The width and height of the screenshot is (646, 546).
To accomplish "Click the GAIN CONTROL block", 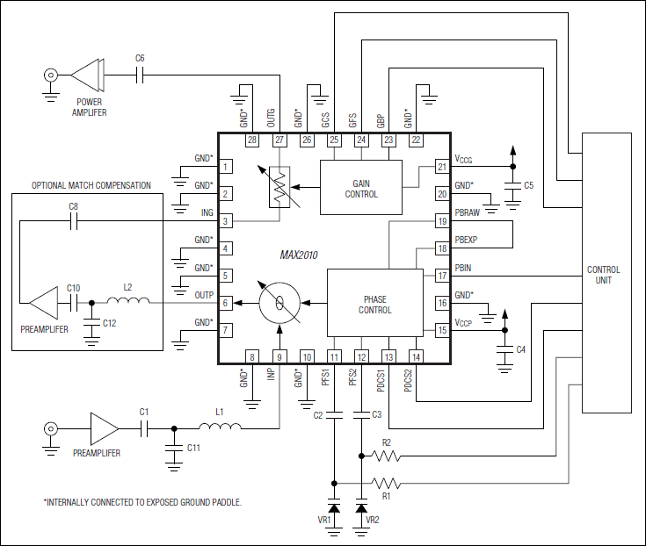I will (x=360, y=188).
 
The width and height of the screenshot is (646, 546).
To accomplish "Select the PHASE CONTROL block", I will (x=374, y=304).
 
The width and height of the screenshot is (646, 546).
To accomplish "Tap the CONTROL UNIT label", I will (x=603, y=275).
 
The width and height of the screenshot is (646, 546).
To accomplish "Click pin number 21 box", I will (x=441, y=167).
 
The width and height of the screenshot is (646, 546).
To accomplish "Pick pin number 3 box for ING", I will (x=226, y=221).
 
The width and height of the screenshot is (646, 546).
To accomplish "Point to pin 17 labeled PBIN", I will (x=441, y=276).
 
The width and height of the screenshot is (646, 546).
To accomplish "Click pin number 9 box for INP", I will (x=279, y=356).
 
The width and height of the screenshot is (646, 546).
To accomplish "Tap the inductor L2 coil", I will (x=127, y=303).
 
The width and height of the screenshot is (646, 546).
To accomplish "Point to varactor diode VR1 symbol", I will (x=334, y=508).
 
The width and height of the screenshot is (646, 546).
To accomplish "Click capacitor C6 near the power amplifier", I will (x=141, y=75).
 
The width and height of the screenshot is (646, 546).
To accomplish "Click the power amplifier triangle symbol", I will (x=86, y=75).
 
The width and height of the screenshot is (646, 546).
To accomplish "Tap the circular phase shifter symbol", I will (x=279, y=303).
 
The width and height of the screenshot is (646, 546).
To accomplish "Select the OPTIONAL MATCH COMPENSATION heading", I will (x=91, y=185).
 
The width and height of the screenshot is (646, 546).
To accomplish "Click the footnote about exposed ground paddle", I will (x=142, y=502).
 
